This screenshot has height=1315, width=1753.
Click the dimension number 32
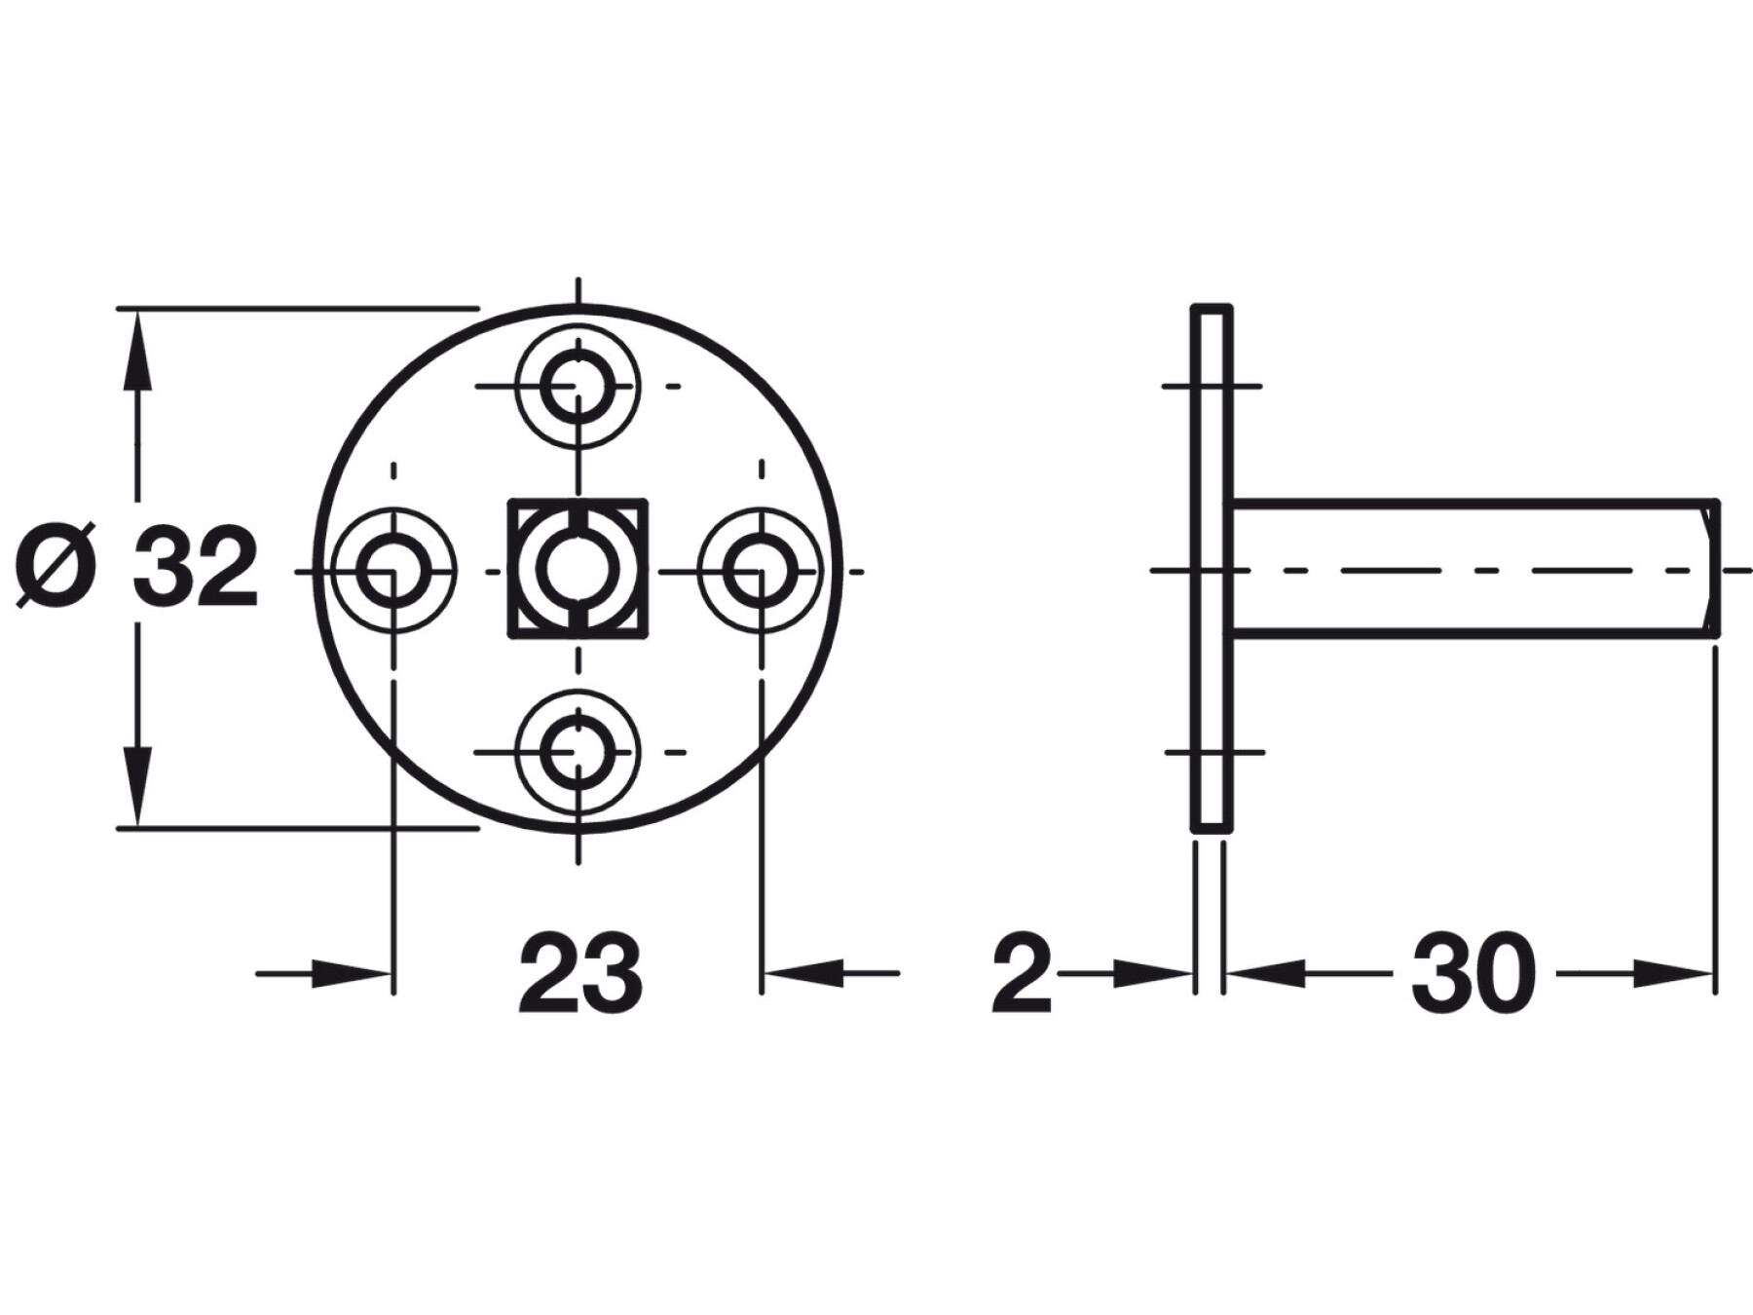tap(195, 570)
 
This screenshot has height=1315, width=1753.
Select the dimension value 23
tap(579, 973)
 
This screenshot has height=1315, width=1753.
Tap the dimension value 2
tap(1022, 973)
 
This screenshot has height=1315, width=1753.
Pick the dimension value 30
tap(1473, 973)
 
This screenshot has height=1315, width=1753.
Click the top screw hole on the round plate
tap(578, 387)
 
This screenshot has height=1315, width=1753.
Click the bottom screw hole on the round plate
tap(578, 753)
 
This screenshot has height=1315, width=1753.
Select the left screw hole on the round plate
tap(393, 570)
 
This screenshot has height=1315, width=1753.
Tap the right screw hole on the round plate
tap(761, 570)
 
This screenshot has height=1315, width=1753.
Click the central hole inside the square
tap(578, 570)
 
